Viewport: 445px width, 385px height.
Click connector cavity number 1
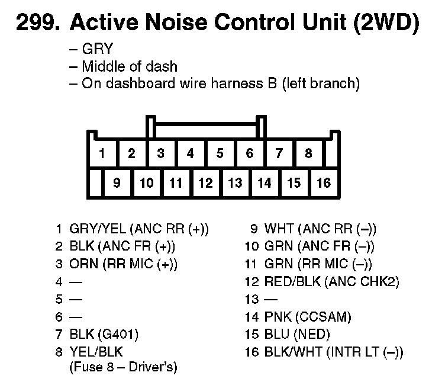coord(102,154)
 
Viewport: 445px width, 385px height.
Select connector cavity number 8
coord(308,154)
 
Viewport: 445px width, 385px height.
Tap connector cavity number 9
coord(117,183)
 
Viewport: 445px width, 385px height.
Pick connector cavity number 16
coord(323,183)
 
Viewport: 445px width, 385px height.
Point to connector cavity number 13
coord(235,183)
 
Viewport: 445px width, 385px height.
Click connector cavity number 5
coord(220,154)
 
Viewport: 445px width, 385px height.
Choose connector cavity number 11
coord(176,183)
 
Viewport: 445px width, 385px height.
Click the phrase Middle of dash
coord(129,66)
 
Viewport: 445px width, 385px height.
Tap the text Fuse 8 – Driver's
coord(123,367)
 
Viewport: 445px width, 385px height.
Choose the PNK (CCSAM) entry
coord(307,317)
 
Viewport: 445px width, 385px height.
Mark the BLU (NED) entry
coord(296,335)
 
